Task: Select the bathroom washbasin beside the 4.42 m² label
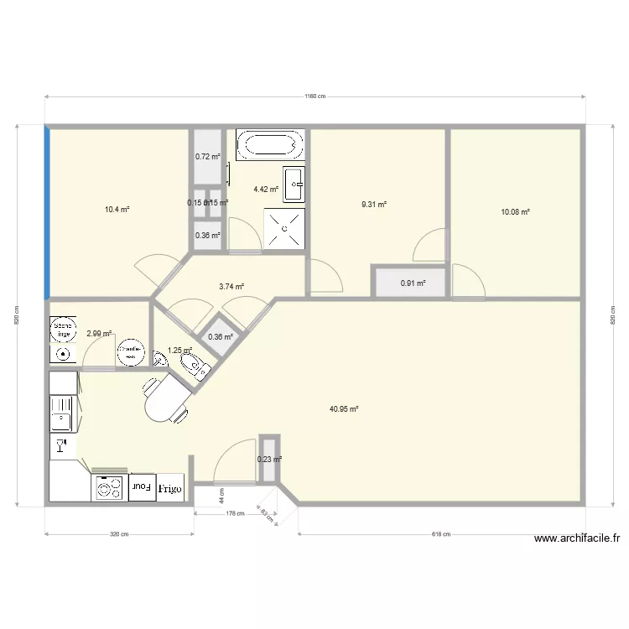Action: [x=294, y=185]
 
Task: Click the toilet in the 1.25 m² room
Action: [x=195, y=365]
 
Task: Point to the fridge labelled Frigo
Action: [x=169, y=487]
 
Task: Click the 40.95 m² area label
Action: [x=344, y=409]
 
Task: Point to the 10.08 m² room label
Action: [x=515, y=212]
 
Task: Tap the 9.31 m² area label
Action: [x=373, y=204]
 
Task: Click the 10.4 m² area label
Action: [x=117, y=210]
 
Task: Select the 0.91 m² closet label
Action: [x=413, y=283]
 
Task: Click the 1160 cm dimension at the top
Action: [x=314, y=96]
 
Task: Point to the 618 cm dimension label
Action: [x=441, y=534]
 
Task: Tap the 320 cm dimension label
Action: [x=119, y=534]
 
